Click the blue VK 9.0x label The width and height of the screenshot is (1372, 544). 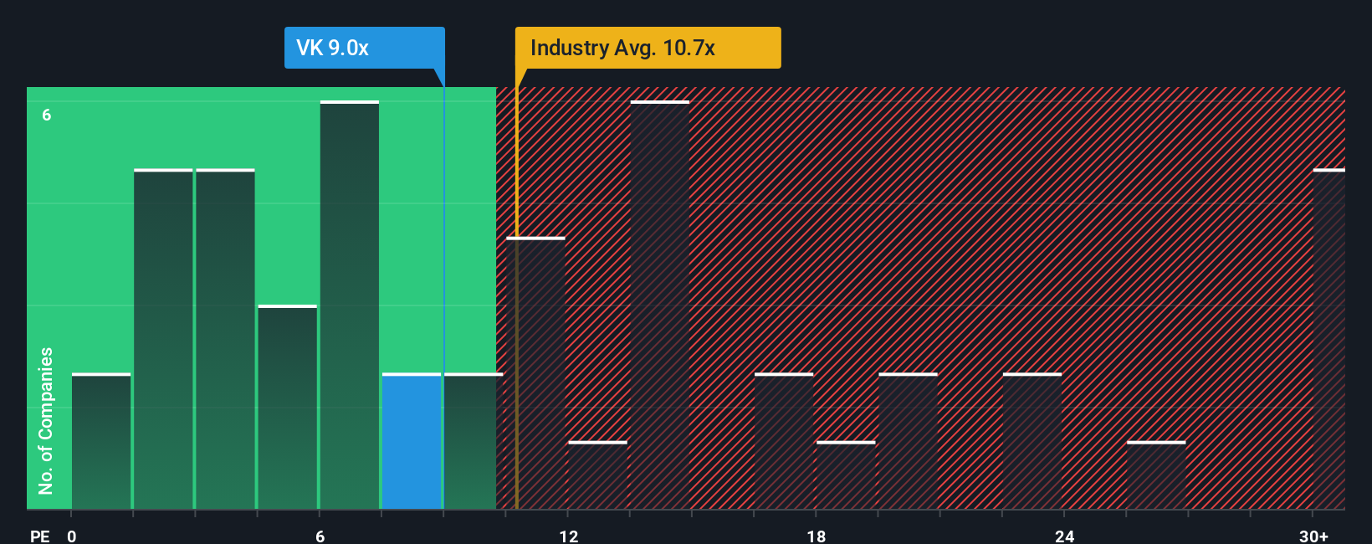[x=364, y=48]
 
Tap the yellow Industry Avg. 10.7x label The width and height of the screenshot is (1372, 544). [x=648, y=48]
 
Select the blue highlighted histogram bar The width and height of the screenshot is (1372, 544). [x=412, y=441]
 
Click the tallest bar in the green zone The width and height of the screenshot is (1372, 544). [x=350, y=305]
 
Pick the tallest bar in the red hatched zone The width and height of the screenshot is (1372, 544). [x=660, y=305]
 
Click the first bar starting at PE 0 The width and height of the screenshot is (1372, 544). [x=101, y=441]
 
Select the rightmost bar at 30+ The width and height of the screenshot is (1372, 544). [x=1328, y=339]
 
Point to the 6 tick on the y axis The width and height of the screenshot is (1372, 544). [x=47, y=115]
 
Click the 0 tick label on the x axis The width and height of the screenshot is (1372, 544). [x=72, y=536]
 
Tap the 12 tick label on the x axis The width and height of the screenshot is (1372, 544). [x=568, y=536]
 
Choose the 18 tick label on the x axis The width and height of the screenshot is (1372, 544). [x=816, y=536]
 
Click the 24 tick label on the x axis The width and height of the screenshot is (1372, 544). [x=1064, y=536]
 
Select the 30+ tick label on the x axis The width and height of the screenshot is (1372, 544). [x=1313, y=536]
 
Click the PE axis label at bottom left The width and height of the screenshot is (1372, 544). [x=40, y=536]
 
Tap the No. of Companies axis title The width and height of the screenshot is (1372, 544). [x=46, y=420]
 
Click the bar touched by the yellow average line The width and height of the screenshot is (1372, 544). [x=535, y=373]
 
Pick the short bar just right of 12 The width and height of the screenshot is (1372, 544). [x=597, y=475]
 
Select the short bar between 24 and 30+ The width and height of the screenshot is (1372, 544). [x=1156, y=475]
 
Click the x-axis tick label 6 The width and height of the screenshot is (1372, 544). [x=320, y=536]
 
